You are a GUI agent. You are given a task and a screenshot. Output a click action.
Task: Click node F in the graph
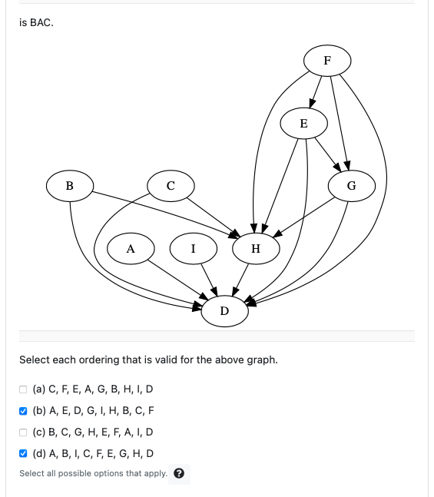[x=326, y=60]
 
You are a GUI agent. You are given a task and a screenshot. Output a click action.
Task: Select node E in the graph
[x=303, y=123]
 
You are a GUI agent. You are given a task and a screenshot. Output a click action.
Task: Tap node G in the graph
[x=351, y=185]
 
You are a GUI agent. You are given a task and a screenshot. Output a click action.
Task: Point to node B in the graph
[x=70, y=185]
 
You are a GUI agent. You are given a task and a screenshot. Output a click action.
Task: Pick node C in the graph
[x=170, y=185]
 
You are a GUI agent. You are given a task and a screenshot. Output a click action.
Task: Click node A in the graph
[x=131, y=248]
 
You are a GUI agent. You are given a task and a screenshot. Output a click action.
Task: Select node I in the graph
[x=193, y=248]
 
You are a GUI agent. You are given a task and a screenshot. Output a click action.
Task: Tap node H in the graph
[x=256, y=248]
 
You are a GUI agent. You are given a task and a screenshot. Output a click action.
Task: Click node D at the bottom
[x=224, y=311]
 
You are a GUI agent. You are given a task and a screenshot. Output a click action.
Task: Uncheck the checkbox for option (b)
[x=23, y=410]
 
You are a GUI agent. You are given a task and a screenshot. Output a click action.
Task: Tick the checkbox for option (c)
[x=23, y=432]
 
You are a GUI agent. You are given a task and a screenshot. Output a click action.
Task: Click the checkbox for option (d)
[x=23, y=453]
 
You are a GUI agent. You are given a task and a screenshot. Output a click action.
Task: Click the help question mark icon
[x=180, y=473]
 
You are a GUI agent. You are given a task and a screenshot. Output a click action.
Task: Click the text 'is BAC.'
[x=36, y=23]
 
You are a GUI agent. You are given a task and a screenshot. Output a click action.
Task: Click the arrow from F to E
[x=314, y=93]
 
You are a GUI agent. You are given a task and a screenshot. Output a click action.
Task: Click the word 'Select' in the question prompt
[x=34, y=359]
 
